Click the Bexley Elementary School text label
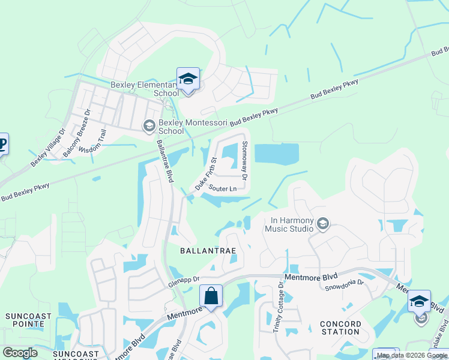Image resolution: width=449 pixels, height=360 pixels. coord(145,89)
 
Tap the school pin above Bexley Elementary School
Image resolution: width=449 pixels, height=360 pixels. coord(188,79)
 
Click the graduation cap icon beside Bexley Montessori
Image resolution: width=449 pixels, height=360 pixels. coord(148,125)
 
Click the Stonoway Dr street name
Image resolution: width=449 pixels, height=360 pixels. coord(244,160)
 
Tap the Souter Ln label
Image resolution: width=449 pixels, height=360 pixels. coord(222,188)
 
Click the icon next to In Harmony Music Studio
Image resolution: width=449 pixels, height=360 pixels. coord(323,224)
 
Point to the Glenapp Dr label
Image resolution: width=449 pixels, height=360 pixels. coord(184,282)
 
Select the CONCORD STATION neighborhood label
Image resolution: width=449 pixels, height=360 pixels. coord(340,328)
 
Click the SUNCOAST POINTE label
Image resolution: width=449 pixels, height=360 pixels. coord(25,320)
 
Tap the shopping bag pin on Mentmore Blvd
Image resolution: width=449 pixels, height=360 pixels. coord(211,296)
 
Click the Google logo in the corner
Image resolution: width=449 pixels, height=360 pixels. coord(20,353)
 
